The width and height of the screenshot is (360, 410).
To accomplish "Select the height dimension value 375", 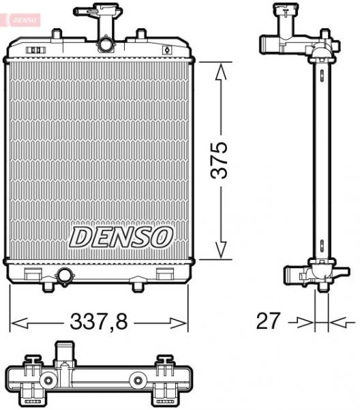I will pyautogui.click(x=220, y=161).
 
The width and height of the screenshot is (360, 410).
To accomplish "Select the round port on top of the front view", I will pyautogui.click(x=106, y=45).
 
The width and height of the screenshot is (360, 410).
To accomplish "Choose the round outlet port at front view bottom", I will pyautogui.click(x=65, y=276).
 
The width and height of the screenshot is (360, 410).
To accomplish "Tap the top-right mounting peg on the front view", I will pyautogui.click(x=140, y=33).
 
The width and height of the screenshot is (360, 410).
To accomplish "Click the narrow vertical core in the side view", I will pyautogui.click(x=320, y=161).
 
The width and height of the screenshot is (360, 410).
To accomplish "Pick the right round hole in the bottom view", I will pyautogui.click(x=138, y=379).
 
